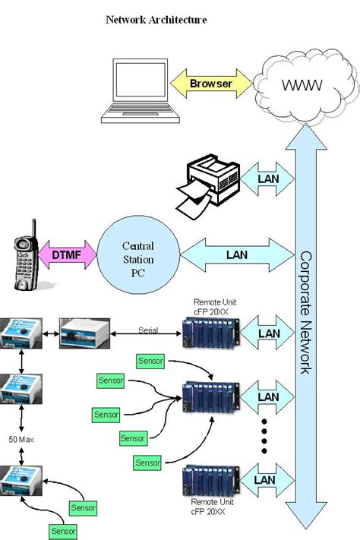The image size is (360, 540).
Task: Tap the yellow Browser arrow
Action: point(210,84)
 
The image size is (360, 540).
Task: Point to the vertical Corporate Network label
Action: point(305,311)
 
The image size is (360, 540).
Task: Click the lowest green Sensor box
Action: point(63,529)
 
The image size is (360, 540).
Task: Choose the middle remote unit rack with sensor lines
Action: point(210,396)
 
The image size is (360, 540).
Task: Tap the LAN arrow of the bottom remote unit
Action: point(265,480)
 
